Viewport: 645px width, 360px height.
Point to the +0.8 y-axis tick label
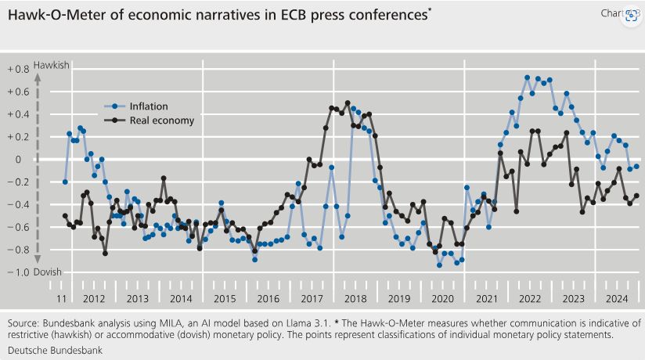18,70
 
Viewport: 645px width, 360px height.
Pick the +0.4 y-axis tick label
18,114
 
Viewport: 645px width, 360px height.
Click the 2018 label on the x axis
355,298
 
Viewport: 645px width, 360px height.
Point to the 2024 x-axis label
616,298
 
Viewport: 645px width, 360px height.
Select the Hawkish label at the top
51,67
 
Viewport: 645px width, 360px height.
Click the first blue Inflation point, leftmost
65,182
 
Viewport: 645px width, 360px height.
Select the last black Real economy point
636,196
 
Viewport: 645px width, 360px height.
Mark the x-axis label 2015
224,298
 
